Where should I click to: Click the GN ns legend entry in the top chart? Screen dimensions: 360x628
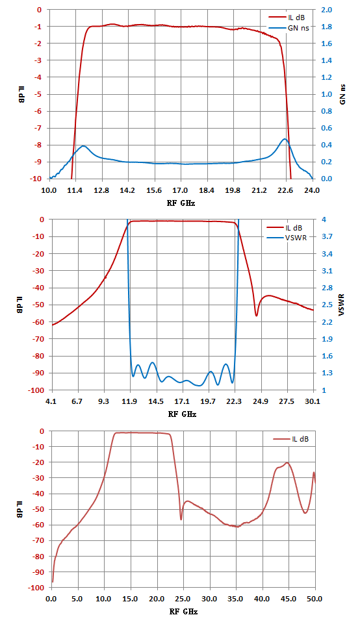coord(289,28)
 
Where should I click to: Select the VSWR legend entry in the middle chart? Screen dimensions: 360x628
coord(287,238)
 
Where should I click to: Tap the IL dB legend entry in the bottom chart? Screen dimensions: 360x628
coord(291,439)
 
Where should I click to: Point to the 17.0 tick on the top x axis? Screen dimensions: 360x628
coord(180,190)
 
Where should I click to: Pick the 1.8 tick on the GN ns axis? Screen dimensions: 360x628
coord(327,27)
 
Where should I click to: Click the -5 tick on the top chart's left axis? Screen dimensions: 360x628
coord(38,95)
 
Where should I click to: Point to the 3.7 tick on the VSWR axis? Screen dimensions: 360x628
coord(328,236)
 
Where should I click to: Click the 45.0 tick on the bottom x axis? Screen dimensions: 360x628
coord(289,599)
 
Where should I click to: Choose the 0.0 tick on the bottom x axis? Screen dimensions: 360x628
coord(51,599)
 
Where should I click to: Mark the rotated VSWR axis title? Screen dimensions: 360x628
coord(342,305)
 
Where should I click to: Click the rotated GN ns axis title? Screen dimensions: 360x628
coord(342,95)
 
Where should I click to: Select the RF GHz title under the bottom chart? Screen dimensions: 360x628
coord(183,612)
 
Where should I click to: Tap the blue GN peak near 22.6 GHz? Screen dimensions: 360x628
coord(285,139)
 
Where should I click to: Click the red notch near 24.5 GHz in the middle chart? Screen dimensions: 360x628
coord(257,316)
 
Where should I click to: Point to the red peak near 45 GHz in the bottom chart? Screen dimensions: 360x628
coord(287,462)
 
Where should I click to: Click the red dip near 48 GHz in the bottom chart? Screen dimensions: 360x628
coord(305,513)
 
